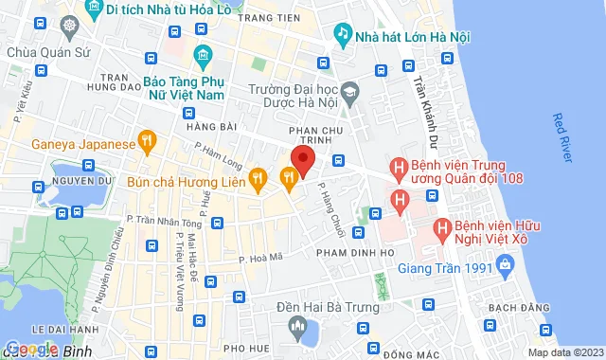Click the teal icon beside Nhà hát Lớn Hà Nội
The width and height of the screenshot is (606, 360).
point(342,35)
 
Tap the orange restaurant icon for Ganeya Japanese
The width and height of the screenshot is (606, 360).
point(147,144)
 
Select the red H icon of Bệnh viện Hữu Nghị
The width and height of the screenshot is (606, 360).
point(440,228)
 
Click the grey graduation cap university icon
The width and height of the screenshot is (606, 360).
point(351,91)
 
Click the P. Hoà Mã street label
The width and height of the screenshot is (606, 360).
point(260,257)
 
